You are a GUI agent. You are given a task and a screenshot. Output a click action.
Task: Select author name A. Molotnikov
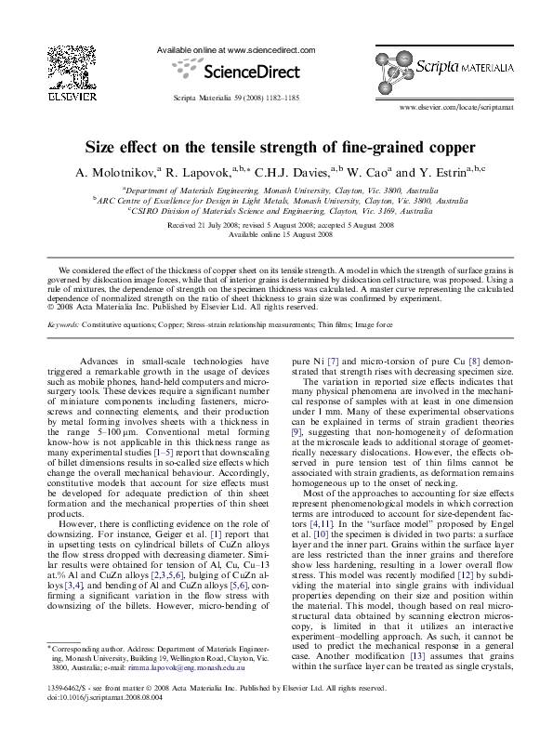point(119,172)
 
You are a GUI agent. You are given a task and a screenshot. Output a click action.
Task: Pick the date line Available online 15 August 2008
point(276,233)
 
